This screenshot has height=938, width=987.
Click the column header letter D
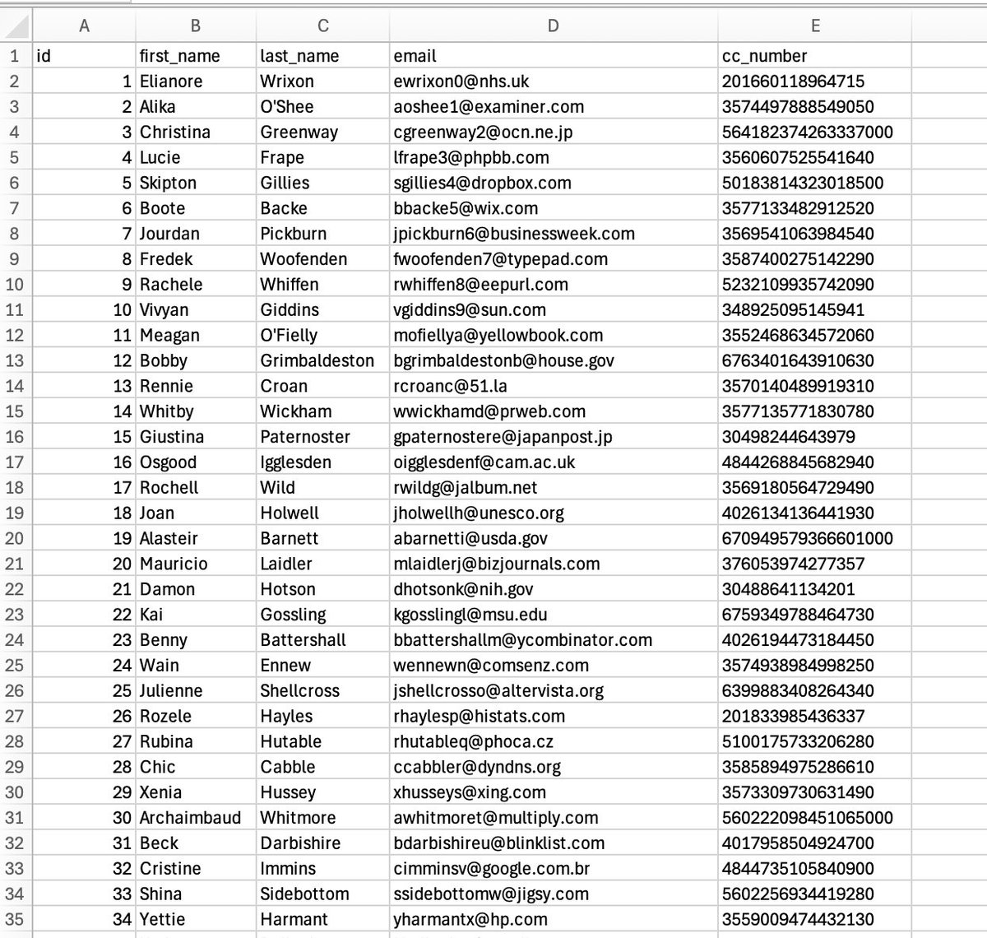tap(553, 26)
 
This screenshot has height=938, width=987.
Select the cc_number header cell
tap(764, 56)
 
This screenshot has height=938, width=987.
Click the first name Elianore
tap(171, 81)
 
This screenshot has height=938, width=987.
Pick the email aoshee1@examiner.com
tap(489, 107)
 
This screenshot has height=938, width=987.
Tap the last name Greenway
tap(299, 132)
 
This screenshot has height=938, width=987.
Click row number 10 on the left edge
tap(15, 285)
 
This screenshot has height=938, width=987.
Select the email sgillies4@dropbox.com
tap(482, 183)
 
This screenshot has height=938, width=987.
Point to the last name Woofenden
tap(304, 259)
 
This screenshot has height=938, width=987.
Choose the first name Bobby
tap(164, 361)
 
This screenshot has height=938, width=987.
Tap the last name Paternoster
tap(305, 437)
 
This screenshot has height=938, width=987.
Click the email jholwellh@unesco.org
tap(479, 513)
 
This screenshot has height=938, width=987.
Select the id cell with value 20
tap(122, 564)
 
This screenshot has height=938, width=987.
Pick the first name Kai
tap(152, 615)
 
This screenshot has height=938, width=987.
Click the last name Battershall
tap(303, 640)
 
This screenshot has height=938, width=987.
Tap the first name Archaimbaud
tap(190, 818)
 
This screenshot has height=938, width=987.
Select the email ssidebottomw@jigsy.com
tap(491, 894)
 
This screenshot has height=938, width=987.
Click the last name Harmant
tap(293, 920)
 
